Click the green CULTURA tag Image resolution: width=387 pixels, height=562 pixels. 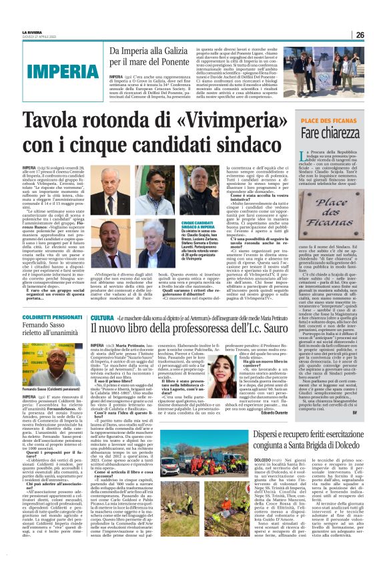(103, 318)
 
